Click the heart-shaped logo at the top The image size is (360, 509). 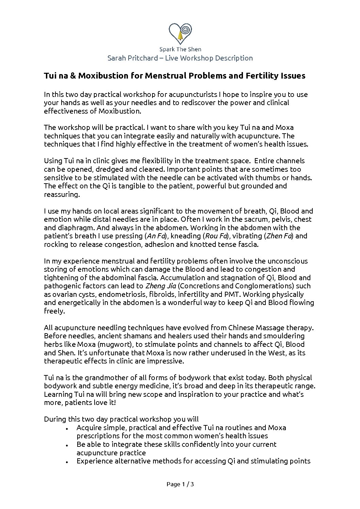coord(180,33)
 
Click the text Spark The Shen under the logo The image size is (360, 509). coord(180,49)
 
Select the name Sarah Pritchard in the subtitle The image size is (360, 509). coord(132,58)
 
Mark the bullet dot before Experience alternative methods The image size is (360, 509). coord(68,462)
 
